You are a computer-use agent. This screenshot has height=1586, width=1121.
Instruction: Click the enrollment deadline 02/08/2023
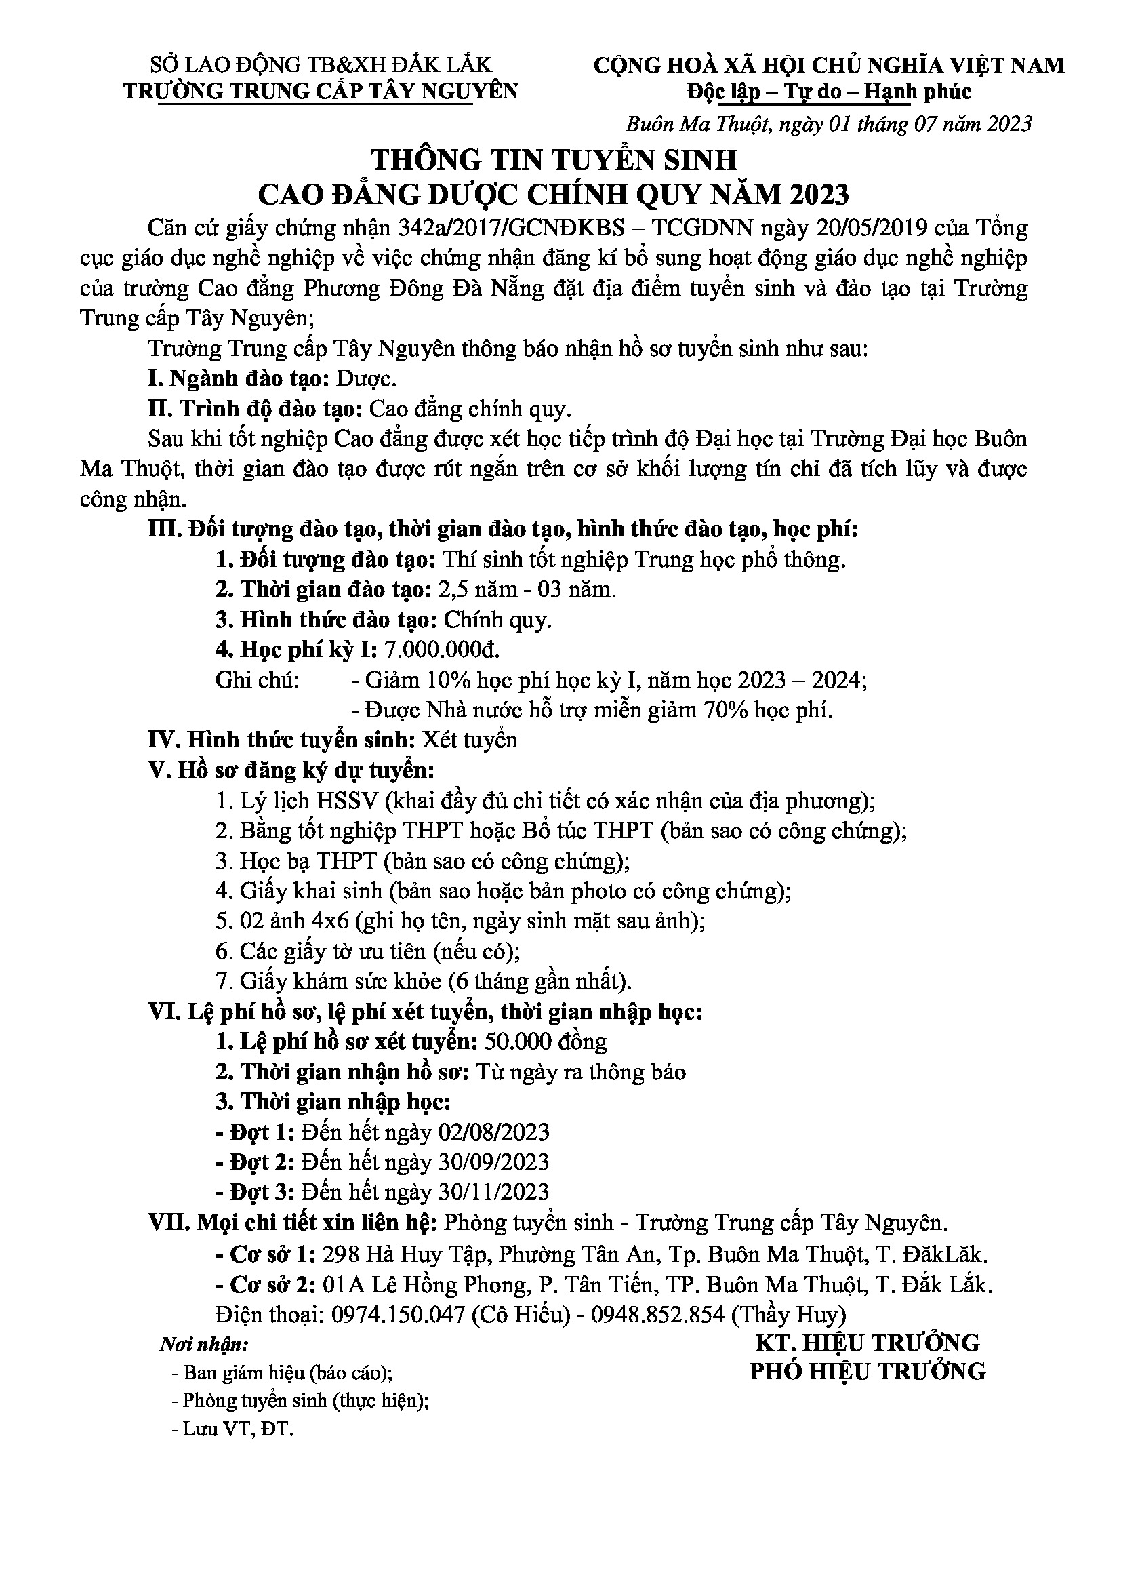pyautogui.click(x=493, y=1132)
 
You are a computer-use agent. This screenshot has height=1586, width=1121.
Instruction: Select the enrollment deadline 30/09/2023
pyautogui.click(x=493, y=1162)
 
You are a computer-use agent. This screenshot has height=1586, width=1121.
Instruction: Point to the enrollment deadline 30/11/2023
pyautogui.click(x=493, y=1192)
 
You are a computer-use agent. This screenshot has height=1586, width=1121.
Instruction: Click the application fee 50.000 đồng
pyautogui.click(x=546, y=1042)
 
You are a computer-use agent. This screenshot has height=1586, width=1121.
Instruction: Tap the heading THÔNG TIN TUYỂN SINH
pyautogui.click(x=554, y=160)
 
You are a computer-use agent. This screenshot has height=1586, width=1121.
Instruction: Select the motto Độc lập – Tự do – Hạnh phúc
pyautogui.click(x=829, y=92)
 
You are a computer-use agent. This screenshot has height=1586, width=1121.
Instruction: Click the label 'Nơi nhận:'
pyautogui.click(x=203, y=1344)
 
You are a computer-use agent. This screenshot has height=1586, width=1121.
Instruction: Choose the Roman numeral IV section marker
pyautogui.click(x=162, y=740)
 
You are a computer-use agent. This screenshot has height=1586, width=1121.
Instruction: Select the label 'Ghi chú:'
pyautogui.click(x=258, y=680)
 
